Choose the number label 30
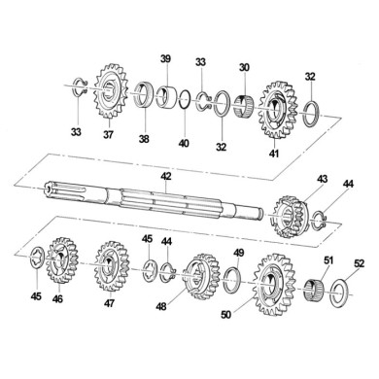(x=244, y=67)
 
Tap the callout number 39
(x=165, y=59)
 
